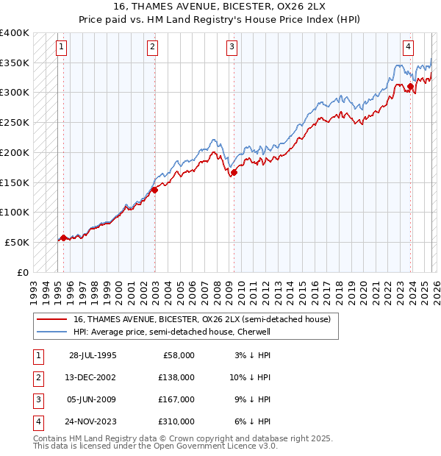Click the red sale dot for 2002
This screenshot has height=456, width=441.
pyautogui.click(x=155, y=190)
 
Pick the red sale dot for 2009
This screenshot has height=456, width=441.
pyautogui.click(x=234, y=173)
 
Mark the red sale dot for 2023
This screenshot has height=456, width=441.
pyautogui.click(x=410, y=87)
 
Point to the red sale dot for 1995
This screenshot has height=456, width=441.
pyautogui.click(x=63, y=238)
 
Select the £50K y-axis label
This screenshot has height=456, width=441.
pyautogui.click(x=18, y=242)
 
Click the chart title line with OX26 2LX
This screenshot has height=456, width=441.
pyautogui.click(x=220, y=8)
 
